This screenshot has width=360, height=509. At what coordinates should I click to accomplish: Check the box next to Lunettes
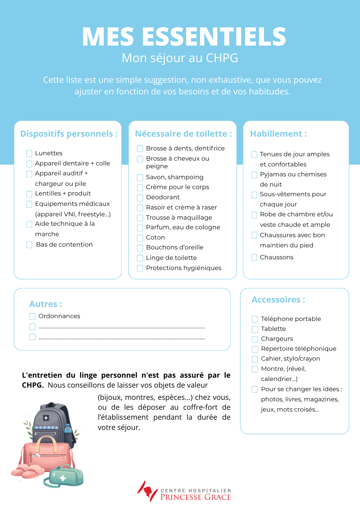[29, 153]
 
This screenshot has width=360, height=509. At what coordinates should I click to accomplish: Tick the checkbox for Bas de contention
[29, 245]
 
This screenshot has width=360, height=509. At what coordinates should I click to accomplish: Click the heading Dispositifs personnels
[69, 134]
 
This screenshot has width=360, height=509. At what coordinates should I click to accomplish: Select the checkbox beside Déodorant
[140, 198]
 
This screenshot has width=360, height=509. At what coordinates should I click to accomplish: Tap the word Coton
[155, 237]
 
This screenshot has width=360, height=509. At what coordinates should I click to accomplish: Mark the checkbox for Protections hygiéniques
[140, 268]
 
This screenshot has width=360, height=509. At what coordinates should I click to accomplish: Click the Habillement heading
[278, 134]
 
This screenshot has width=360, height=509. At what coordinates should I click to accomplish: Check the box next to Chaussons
[254, 257]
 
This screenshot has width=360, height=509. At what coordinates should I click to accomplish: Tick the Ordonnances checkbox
[32, 316]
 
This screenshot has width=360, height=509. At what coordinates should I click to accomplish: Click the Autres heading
[45, 304]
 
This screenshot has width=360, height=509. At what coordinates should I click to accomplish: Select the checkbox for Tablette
[255, 329]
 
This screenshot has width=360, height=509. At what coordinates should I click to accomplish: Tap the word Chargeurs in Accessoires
[277, 339]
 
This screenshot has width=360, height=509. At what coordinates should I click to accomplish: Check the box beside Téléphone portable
[255, 319]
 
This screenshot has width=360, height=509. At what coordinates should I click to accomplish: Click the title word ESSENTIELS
[214, 37]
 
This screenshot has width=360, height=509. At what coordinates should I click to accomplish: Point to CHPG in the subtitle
[222, 58]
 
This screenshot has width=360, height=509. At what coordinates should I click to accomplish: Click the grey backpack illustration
[52, 417]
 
